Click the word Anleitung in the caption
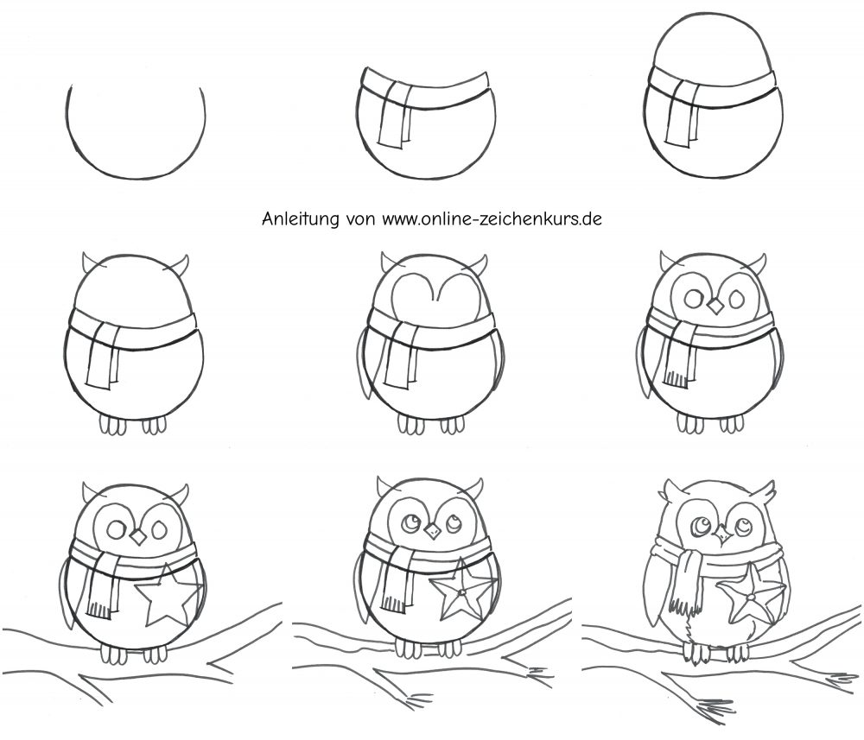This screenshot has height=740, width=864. tap(301, 219)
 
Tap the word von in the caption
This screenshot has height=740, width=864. tap(361, 219)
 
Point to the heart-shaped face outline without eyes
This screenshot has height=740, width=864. tap(435, 300)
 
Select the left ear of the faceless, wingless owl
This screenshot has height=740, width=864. tap(88, 262)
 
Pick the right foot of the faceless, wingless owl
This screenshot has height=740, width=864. tap(155, 425)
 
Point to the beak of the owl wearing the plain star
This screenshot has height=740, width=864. tap(137, 536)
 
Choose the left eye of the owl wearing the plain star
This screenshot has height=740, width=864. tap(117, 530)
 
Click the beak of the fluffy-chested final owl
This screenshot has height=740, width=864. tap(721, 534)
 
